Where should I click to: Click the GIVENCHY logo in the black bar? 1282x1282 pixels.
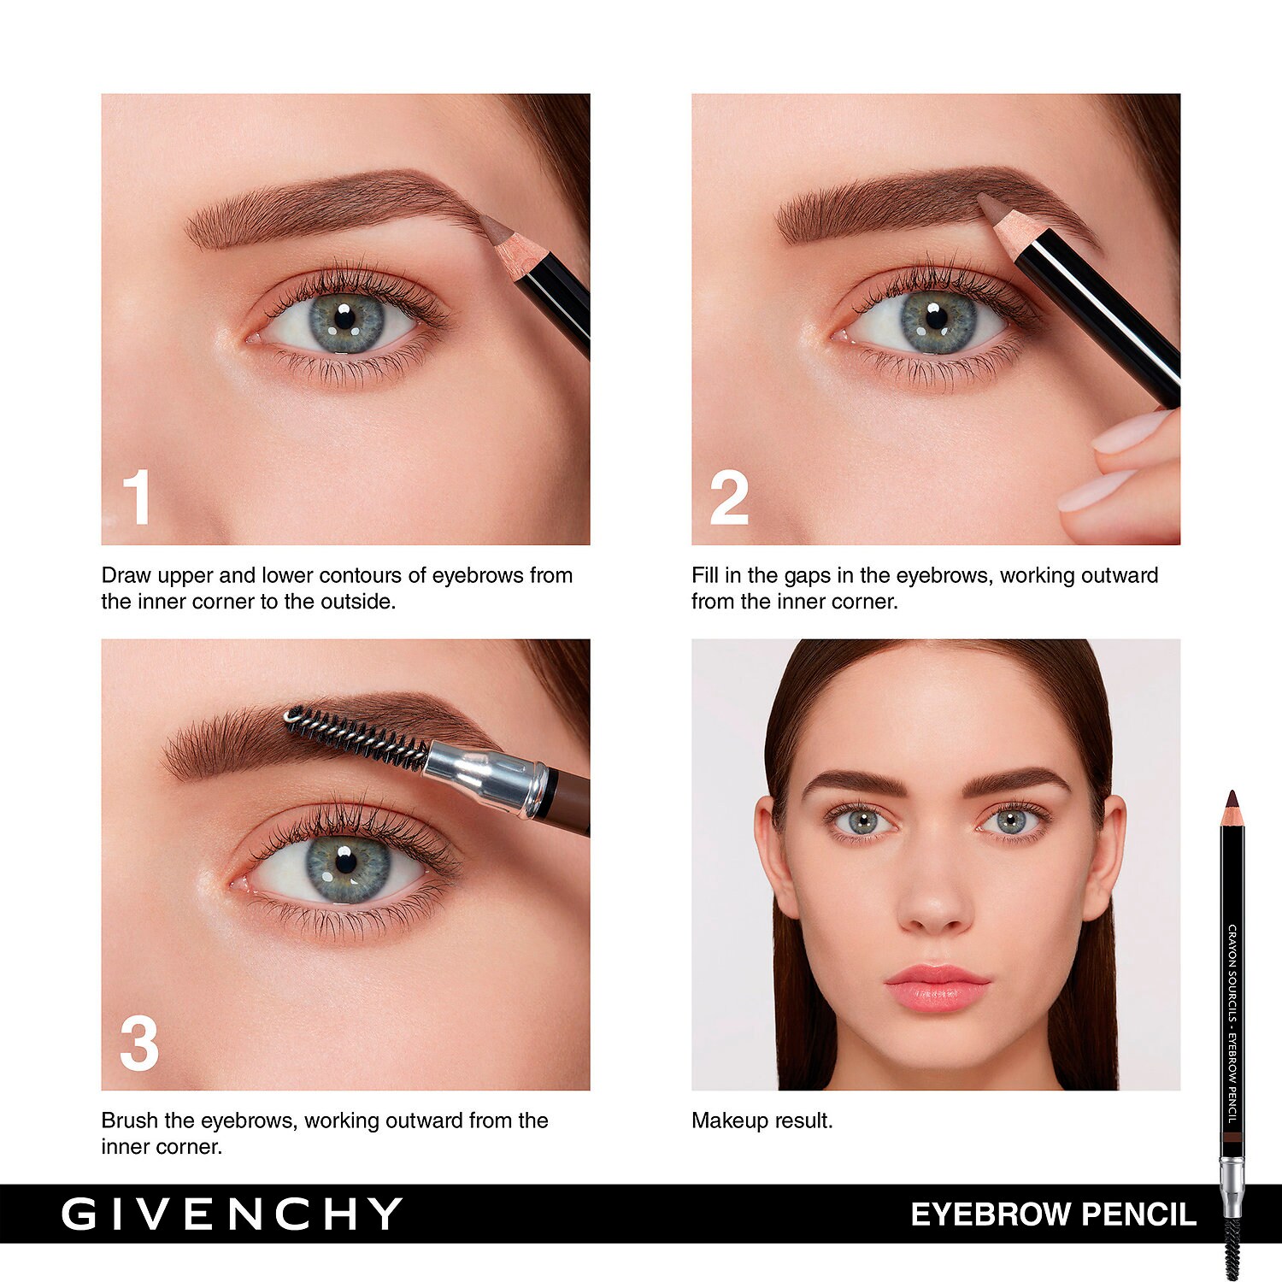pos(232,1214)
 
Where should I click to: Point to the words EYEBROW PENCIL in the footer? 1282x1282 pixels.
pos(1053,1214)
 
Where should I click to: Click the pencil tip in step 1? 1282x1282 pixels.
pos(491,226)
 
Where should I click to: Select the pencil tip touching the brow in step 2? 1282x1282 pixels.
pos(991,205)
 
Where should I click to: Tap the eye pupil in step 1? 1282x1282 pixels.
pos(344,319)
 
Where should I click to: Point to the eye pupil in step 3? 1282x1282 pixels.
pos(346,862)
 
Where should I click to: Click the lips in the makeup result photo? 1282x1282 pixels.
pos(938,988)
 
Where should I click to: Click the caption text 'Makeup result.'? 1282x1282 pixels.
pos(762,1120)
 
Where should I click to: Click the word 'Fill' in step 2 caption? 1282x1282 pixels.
pos(705,575)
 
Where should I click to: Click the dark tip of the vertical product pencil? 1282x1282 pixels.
pos(1231,800)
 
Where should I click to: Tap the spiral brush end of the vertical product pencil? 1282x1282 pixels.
pos(1232,1247)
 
